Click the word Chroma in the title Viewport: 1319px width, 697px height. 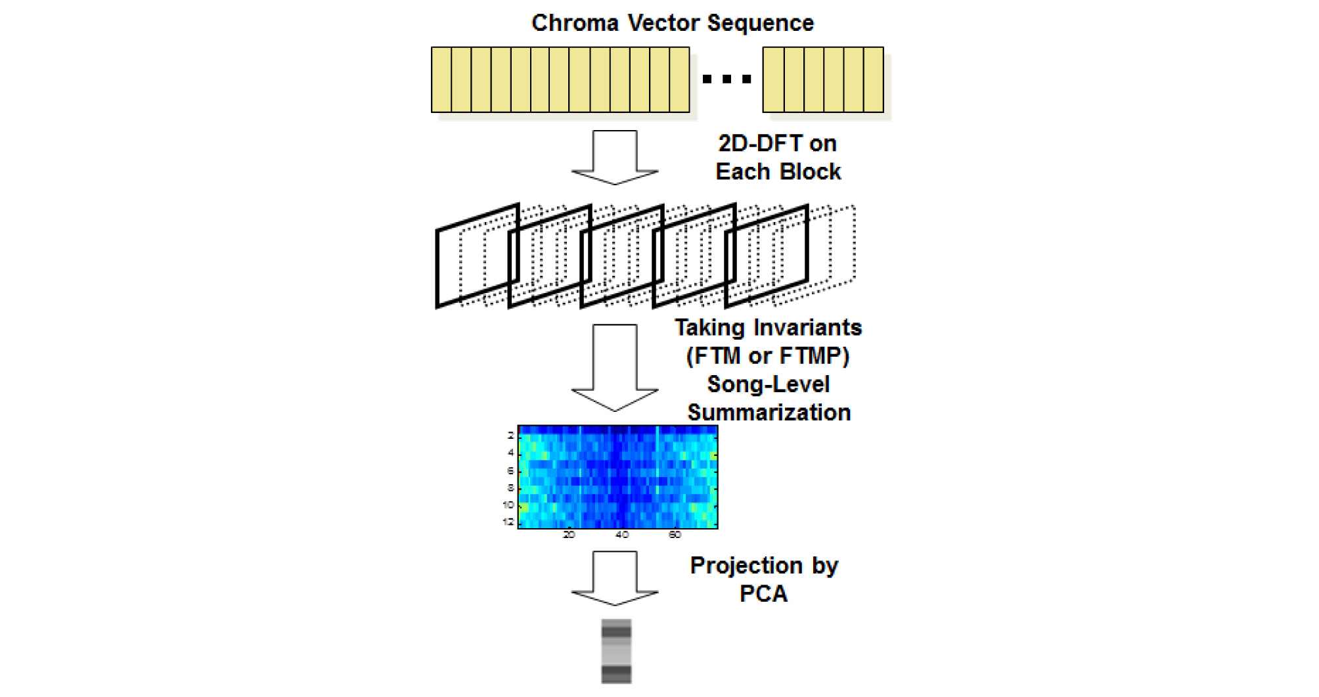(575, 23)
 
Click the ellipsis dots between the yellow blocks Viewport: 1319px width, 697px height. (727, 79)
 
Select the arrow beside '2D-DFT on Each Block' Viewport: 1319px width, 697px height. (615, 157)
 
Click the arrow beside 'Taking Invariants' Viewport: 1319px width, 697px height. (615, 367)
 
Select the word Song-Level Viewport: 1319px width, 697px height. (769, 384)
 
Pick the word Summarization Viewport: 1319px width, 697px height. (769, 413)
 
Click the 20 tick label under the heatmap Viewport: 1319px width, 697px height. (569, 535)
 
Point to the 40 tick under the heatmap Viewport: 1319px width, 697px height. (622, 535)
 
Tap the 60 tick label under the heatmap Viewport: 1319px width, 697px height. (675, 535)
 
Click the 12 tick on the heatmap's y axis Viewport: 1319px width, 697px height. (508, 522)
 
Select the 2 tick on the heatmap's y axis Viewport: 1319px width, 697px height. (510, 436)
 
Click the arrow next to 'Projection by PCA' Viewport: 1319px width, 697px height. (615, 578)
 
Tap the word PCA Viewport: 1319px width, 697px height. (763, 594)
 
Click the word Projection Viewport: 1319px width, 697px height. (746, 566)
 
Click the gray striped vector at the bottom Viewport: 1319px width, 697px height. (616, 651)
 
